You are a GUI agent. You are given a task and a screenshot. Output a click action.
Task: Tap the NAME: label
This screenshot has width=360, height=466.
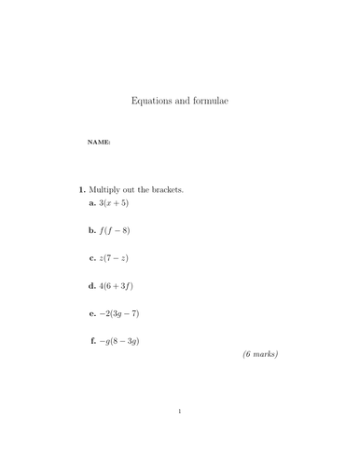(99, 143)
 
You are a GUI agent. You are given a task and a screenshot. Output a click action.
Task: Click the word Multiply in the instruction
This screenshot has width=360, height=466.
(106, 189)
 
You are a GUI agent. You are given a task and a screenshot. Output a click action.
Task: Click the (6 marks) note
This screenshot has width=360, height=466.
(260, 355)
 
